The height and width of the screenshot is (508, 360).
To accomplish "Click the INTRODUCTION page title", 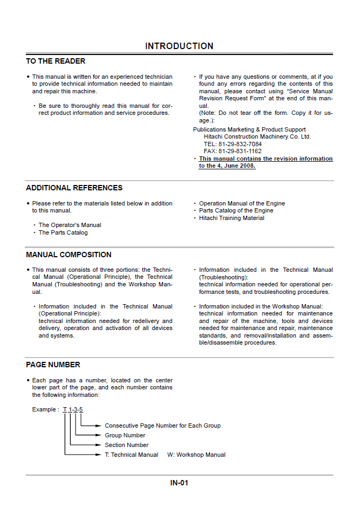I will [x=179, y=46].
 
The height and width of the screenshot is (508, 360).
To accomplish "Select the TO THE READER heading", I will [x=56, y=61].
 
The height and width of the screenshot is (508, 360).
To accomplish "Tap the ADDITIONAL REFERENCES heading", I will [x=74, y=188].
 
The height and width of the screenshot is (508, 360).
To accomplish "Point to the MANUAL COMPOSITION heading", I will [x=69, y=255].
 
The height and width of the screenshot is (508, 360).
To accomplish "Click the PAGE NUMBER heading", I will [x=53, y=365].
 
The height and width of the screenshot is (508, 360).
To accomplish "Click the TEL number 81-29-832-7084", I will [x=240, y=145].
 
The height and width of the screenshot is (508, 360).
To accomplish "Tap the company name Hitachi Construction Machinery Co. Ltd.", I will [x=253, y=137].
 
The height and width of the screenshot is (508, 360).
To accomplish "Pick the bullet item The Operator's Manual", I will [x=70, y=225].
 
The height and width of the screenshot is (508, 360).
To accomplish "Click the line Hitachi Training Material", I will [x=232, y=218].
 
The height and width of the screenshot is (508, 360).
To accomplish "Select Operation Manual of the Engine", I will [x=242, y=204].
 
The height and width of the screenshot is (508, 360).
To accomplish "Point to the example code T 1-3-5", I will [x=73, y=410].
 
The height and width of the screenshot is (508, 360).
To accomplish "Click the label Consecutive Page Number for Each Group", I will [x=162, y=425].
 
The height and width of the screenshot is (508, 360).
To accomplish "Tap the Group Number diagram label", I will [x=125, y=435].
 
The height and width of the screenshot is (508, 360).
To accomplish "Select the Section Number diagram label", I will [x=126, y=445].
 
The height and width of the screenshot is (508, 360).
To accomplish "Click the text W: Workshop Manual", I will [x=196, y=455].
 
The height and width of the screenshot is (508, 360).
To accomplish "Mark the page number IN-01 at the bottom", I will [x=179, y=483].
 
